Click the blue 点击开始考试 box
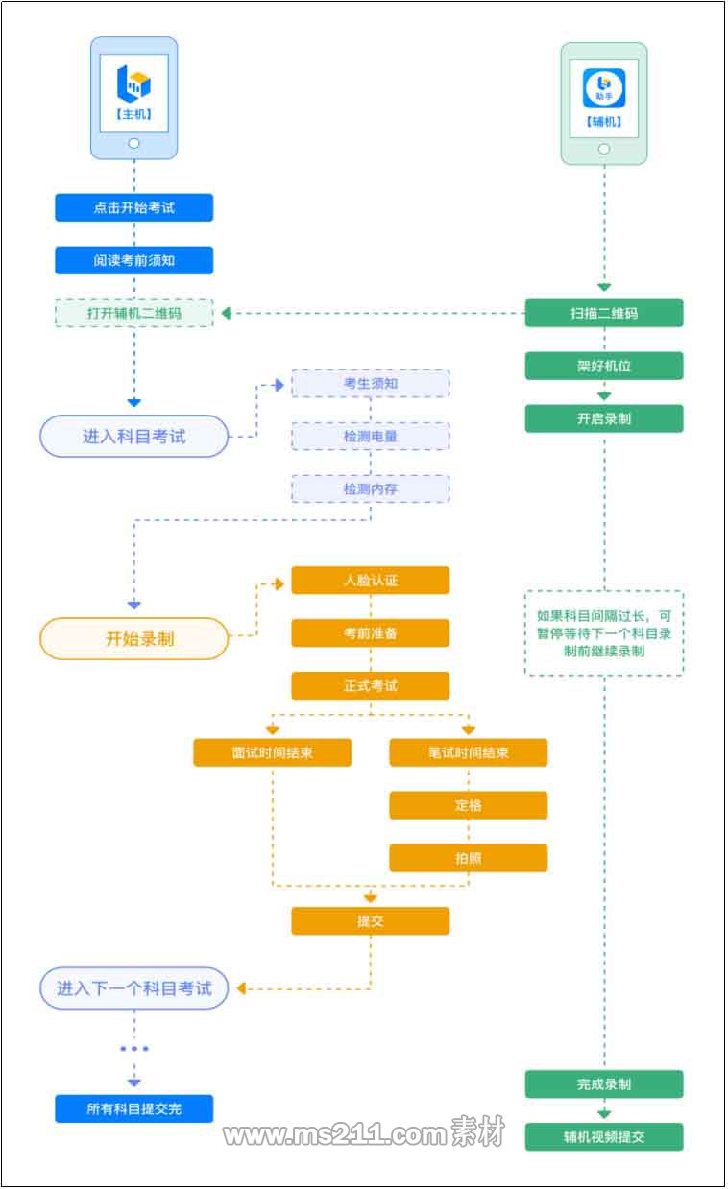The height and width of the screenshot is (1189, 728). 133,207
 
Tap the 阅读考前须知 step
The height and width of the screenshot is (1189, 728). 133,260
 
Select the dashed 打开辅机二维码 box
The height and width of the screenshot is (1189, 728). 133,313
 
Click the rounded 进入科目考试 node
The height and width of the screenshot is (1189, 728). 133,437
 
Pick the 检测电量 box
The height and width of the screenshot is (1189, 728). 371,437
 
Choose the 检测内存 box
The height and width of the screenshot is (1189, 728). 371,489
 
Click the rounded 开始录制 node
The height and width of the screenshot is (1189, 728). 133,638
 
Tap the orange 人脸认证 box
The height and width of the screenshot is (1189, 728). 371,581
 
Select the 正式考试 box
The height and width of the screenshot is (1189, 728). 371,686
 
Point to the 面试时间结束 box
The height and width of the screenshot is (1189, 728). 272,752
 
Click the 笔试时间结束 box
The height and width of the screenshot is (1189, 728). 468,752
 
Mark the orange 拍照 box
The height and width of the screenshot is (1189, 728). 468,858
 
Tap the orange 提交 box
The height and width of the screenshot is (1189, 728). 371,921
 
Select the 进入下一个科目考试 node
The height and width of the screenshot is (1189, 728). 133,988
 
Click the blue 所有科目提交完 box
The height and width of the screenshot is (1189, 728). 133,1109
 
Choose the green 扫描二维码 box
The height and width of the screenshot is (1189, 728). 604,313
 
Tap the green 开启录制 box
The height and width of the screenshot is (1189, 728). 604,418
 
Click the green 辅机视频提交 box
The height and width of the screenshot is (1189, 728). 604,1137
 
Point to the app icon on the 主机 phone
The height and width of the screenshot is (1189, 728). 133,83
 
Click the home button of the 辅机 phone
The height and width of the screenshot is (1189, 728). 604,148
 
